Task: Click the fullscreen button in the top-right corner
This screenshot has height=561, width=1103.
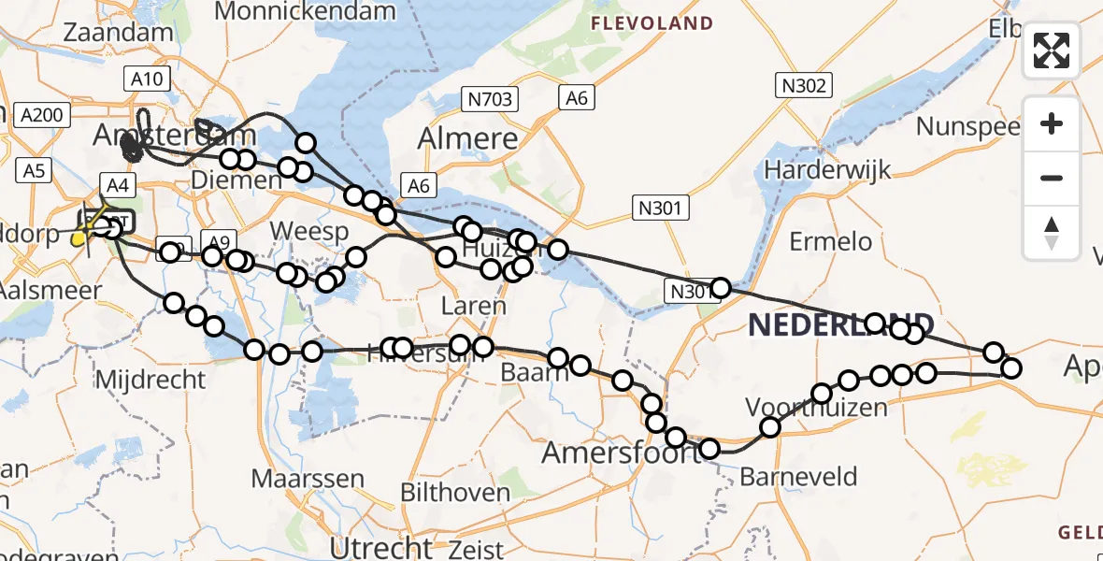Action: pos(1052,50)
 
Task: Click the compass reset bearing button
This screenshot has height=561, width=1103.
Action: pos(1052,232)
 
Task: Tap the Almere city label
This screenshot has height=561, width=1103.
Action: pos(467,139)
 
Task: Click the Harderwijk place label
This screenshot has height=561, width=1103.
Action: pos(827,170)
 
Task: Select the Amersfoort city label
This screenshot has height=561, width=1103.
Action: pos(621,453)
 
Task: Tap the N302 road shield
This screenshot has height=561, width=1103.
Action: pos(804,86)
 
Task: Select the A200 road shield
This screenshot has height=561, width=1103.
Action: pos(40,115)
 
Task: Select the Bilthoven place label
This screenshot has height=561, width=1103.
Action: pos(455,493)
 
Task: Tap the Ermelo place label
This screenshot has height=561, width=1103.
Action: pos(830,241)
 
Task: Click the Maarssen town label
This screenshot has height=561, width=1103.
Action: pos(308,480)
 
